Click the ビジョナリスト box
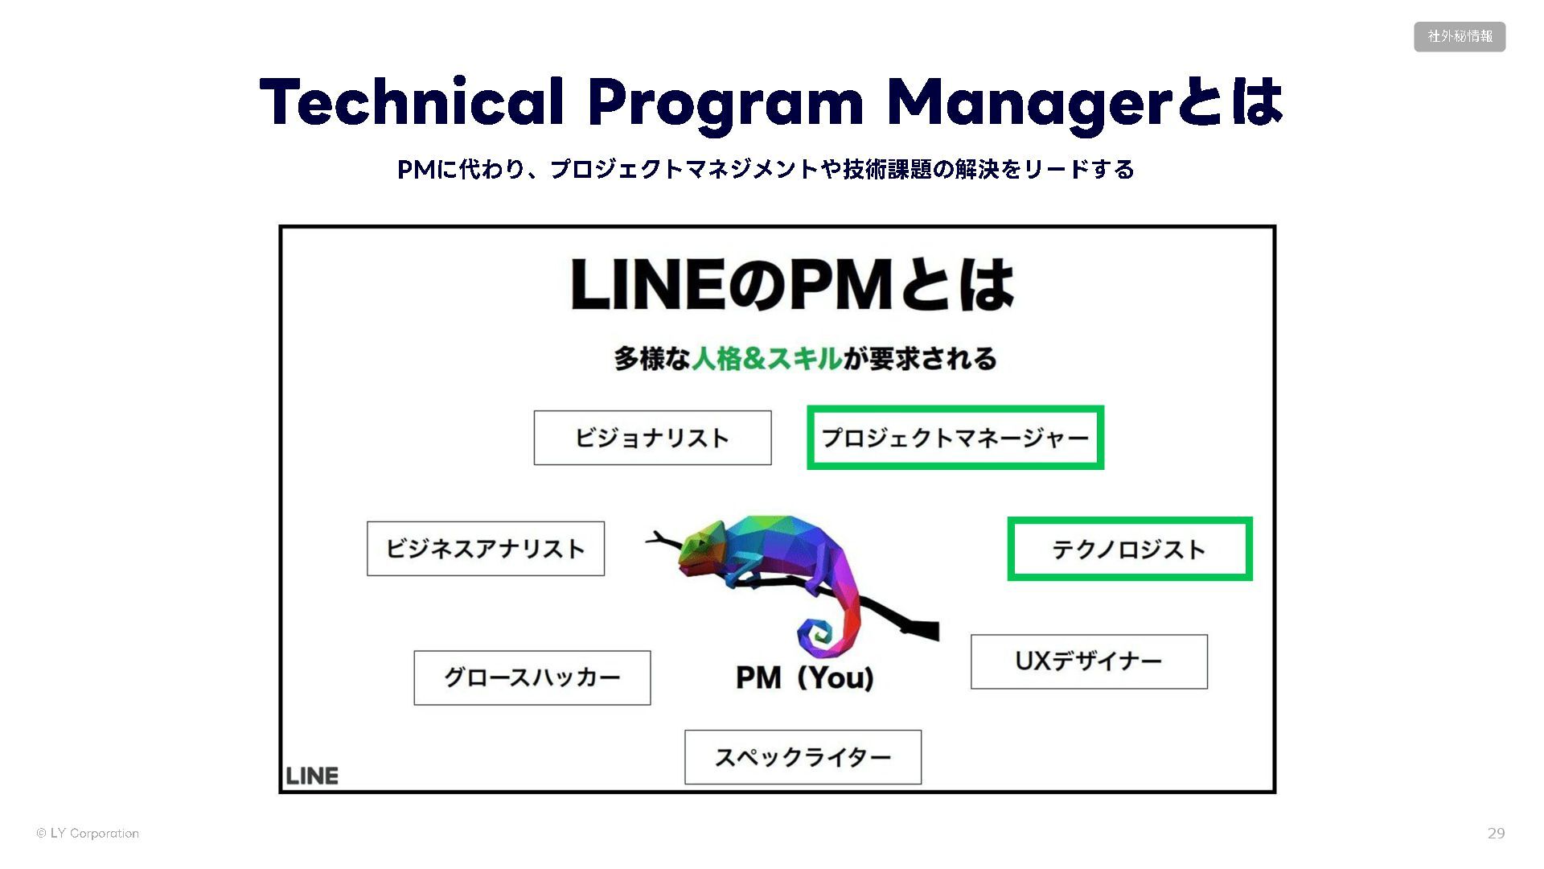pyautogui.click(x=652, y=438)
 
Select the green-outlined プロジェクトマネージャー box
pyautogui.click(x=955, y=438)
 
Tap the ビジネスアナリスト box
pyautogui.click(x=485, y=549)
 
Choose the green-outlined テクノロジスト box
pyautogui.click(x=1129, y=549)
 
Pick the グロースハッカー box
pyautogui.click(x=532, y=677)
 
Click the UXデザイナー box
pyautogui.click(x=1089, y=661)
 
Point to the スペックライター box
pyautogui.click(x=803, y=757)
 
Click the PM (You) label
pyautogui.click(x=804, y=677)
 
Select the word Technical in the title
pyautogui.click(x=411, y=102)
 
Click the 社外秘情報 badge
pyautogui.click(x=1460, y=37)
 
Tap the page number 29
pyautogui.click(x=1496, y=834)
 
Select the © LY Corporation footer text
pyautogui.click(x=88, y=834)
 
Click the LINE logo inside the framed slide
pyautogui.click(x=312, y=776)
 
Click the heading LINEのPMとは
pyautogui.click(x=792, y=285)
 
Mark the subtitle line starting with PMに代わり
pyautogui.click(x=766, y=170)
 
